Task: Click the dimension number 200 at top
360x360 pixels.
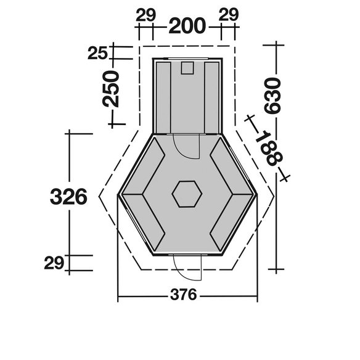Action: (187, 26)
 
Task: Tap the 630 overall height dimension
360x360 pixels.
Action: (272, 96)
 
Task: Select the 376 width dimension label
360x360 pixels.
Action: (184, 295)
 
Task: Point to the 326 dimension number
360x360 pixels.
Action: (68, 197)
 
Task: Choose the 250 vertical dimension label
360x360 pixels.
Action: (111, 89)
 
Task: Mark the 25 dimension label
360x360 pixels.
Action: (97, 53)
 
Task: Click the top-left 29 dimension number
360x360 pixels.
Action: (146, 15)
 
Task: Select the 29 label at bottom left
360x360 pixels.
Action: (54, 263)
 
